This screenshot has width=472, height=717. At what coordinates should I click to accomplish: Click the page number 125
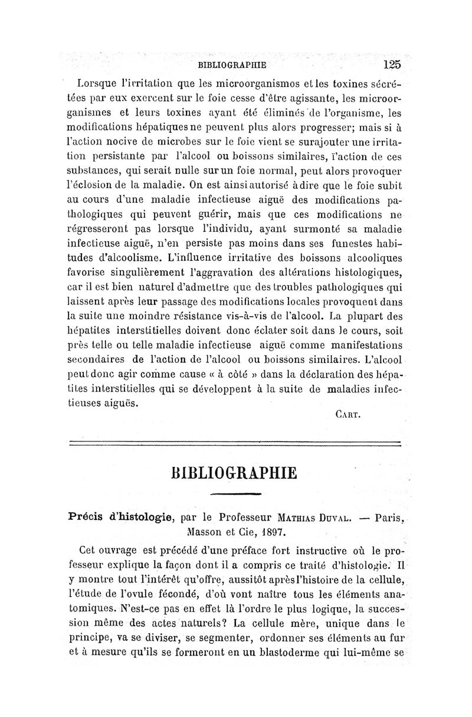point(391,64)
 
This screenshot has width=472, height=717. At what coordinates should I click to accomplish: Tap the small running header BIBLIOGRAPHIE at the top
point(232,65)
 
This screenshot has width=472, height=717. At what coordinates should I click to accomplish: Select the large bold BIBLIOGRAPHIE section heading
point(235,473)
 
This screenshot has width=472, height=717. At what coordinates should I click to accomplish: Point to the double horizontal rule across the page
point(235,443)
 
